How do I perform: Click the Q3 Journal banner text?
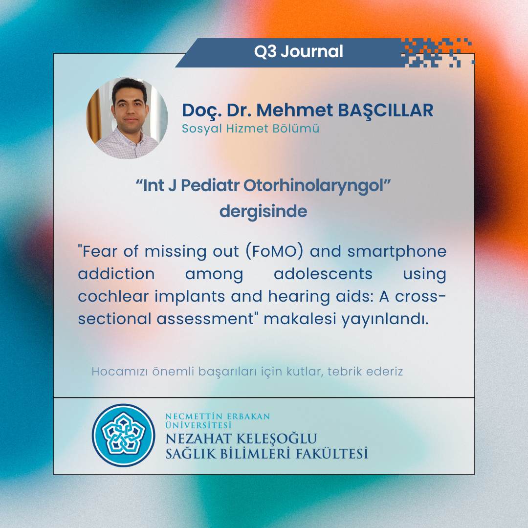[298, 52]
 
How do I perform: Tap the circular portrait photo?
[127, 118]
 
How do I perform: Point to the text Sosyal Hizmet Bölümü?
[250, 129]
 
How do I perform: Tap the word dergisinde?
[263, 212]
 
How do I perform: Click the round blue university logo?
[123, 435]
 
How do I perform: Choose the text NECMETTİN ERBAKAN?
[218, 417]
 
